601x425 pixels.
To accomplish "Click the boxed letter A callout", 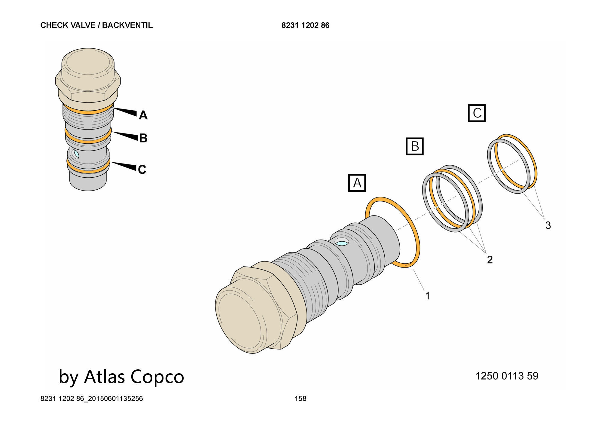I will click(357, 183).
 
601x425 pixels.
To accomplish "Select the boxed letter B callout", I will click(415, 146).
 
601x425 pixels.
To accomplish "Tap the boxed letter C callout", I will click(477, 113).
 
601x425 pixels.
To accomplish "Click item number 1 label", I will click(428, 296).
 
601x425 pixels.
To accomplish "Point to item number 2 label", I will click(490, 260).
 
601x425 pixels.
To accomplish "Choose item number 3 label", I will click(548, 225).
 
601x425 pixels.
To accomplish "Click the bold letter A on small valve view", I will click(143, 115).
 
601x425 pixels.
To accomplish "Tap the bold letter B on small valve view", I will click(143, 138).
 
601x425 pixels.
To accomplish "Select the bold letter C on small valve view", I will click(142, 170).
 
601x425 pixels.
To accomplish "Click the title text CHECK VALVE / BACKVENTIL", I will click(96, 25).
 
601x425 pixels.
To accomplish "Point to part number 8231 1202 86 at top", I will click(305, 25).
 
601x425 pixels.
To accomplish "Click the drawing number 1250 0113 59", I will click(507, 376).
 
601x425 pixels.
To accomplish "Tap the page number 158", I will click(300, 399).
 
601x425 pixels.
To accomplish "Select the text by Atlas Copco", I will click(121, 376).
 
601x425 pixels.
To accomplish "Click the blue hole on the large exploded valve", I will click(342, 242).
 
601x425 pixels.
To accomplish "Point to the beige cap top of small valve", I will click(88, 65).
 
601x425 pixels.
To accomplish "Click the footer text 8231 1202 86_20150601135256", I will click(92, 399).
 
